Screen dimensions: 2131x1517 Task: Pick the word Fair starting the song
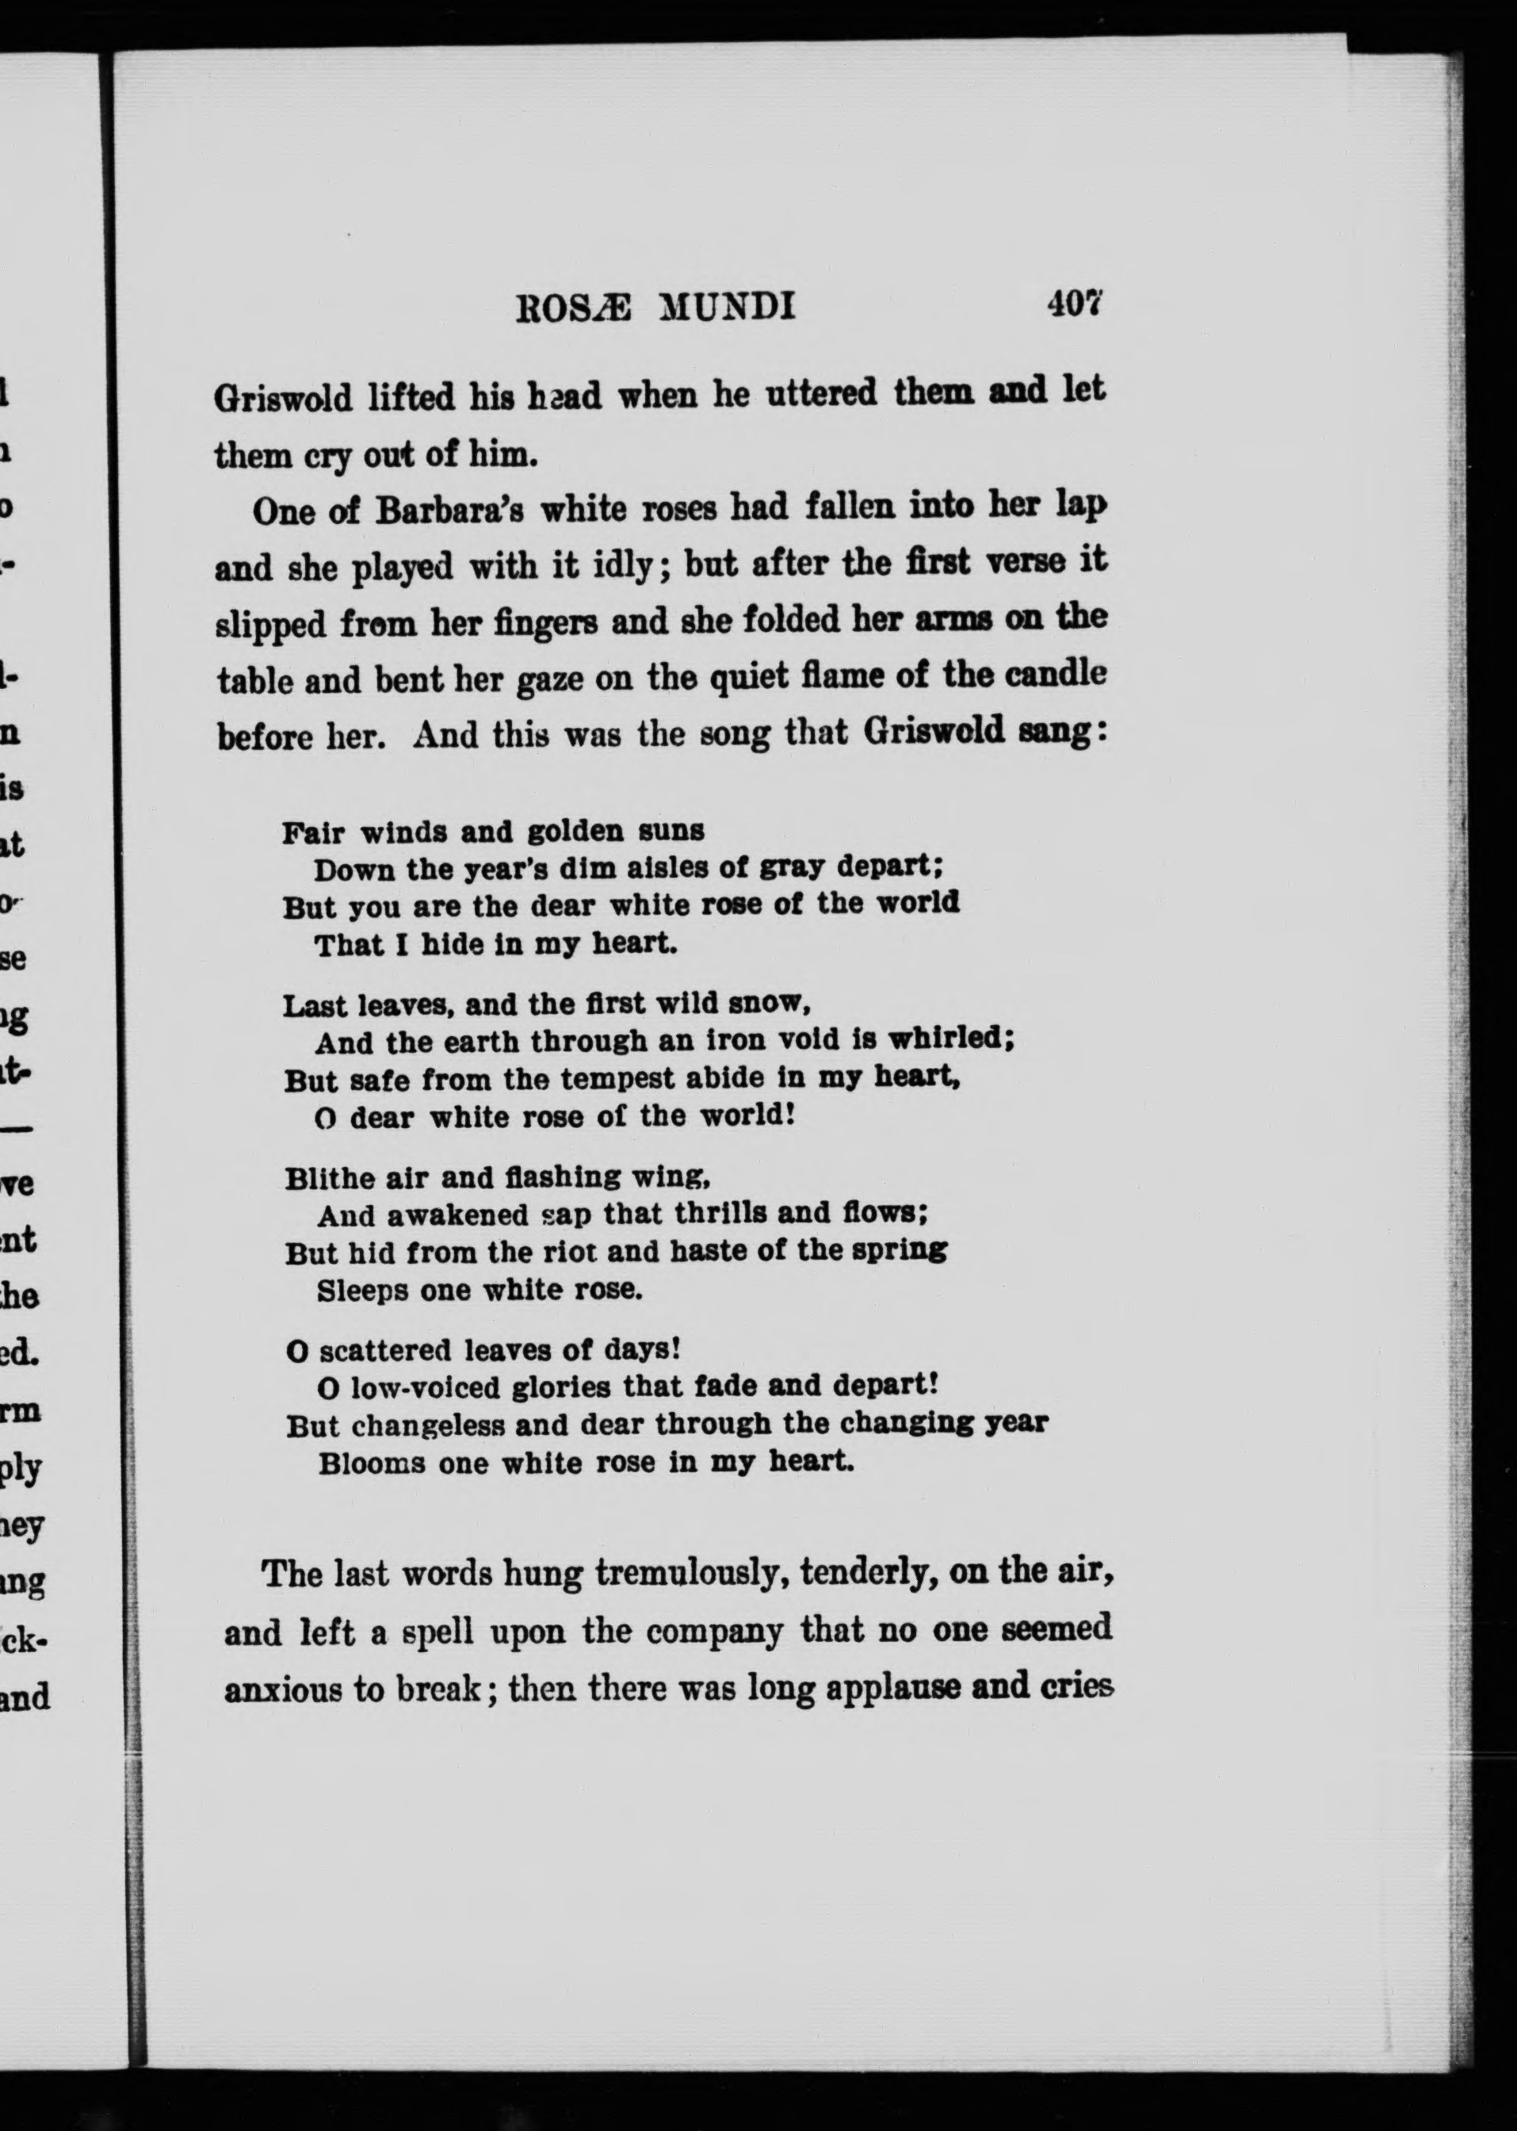314,832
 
